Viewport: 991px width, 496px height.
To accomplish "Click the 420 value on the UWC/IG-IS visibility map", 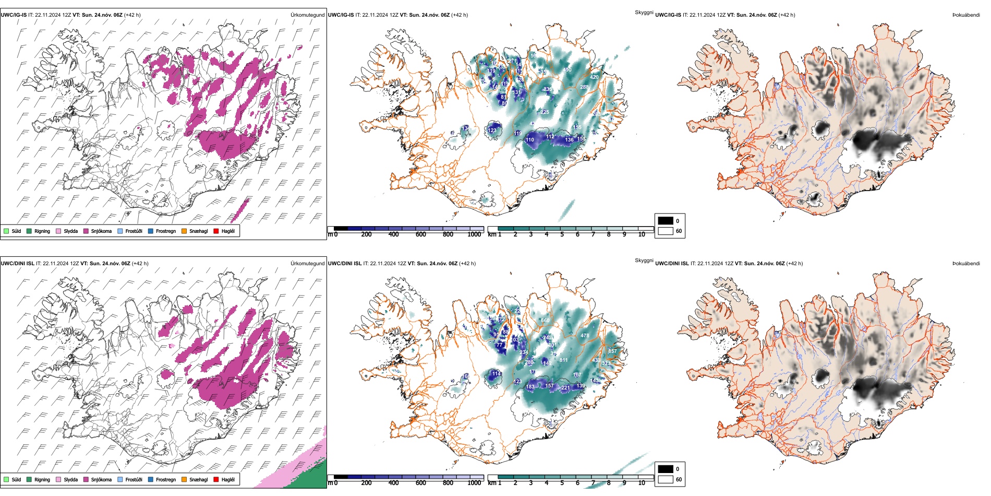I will point(594,77).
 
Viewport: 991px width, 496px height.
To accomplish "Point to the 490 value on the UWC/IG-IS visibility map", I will point(567,70).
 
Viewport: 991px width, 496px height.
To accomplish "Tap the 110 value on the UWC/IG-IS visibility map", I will point(530,140).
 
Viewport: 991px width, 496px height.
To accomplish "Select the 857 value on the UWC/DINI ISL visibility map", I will point(612,351).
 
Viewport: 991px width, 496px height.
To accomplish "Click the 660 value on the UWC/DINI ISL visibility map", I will point(545,321).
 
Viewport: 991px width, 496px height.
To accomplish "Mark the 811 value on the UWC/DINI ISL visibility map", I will point(563,360).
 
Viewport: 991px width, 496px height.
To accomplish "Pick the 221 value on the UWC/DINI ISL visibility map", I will point(565,388).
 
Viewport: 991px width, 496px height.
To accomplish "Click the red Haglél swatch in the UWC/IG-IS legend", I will point(216,231).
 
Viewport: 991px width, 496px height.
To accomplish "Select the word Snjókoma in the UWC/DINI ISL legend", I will point(101,479).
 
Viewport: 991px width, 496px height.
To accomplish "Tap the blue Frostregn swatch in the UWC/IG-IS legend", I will point(151,231).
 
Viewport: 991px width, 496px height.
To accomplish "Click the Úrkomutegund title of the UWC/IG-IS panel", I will point(307,15).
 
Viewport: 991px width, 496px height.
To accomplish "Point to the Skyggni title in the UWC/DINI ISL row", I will point(644,261).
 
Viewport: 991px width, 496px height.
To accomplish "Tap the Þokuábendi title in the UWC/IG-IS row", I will point(966,15).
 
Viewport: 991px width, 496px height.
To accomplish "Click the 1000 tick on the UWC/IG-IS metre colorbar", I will point(474,234).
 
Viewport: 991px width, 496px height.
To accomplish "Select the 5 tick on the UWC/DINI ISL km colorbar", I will point(562,483).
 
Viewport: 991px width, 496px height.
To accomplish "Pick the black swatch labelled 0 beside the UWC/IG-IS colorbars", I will point(666,221).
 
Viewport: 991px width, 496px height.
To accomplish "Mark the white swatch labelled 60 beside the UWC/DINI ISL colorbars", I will point(666,479).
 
